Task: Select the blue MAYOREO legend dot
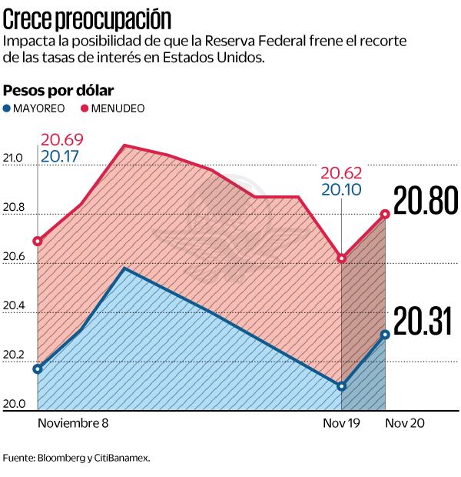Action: pyautogui.click(x=8, y=108)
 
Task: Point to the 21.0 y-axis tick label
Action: pyautogui.click(x=14, y=159)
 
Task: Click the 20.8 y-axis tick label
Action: pyautogui.click(x=14, y=208)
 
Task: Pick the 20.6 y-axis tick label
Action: pyautogui.click(x=14, y=257)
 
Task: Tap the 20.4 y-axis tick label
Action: pyautogui.click(x=14, y=306)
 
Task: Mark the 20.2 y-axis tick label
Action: pyautogui.click(x=14, y=355)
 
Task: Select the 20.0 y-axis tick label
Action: pyautogui.click(x=14, y=405)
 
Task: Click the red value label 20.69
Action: pyautogui.click(x=62, y=140)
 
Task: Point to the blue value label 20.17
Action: pyautogui.click(x=62, y=157)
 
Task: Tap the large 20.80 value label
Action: pyautogui.click(x=425, y=202)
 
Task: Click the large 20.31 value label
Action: pyautogui.click(x=423, y=322)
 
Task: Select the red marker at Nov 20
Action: pyautogui.click(x=385, y=214)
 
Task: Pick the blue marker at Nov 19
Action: pyautogui.click(x=341, y=385)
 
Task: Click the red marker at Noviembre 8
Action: pyautogui.click(x=38, y=241)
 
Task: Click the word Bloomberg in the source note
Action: pyautogui.click(x=63, y=457)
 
